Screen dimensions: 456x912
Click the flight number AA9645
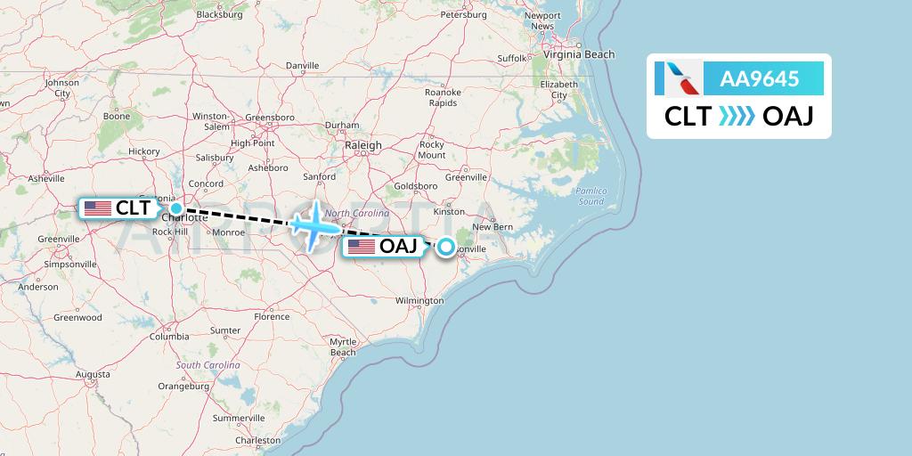click(760, 79)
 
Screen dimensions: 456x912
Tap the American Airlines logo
click(677, 78)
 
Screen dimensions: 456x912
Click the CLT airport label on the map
click(118, 208)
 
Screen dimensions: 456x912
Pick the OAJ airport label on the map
click(384, 247)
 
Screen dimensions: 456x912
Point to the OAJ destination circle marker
click(445, 247)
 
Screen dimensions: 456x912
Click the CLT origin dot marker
click(176, 208)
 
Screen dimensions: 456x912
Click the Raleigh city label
click(363, 145)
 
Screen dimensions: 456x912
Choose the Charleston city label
click(257, 440)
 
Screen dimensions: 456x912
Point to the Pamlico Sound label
click(590, 196)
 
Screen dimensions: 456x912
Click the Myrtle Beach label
click(343, 346)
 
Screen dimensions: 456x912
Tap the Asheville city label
click(46, 178)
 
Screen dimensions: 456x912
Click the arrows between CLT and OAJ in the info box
click(737, 117)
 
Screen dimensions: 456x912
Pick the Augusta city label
click(93, 375)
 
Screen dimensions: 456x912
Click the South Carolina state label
click(208, 365)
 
